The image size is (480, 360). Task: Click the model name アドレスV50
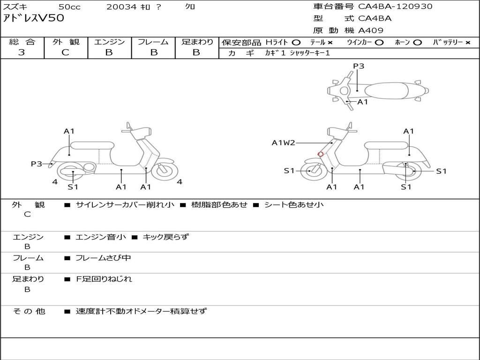click(x=34, y=19)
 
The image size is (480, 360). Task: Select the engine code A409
click(x=371, y=30)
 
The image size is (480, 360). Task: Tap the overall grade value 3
click(x=22, y=52)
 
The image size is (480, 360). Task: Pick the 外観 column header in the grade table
click(x=66, y=42)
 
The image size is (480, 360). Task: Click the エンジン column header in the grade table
click(x=109, y=42)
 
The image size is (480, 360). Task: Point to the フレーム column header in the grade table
click(x=153, y=42)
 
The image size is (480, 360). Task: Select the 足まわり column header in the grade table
click(x=197, y=42)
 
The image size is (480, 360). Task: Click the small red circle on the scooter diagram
click(x=321, y=154)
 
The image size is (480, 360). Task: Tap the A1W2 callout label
click(x=284, y=143)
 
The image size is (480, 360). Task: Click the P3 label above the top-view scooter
click(x=359, y=66)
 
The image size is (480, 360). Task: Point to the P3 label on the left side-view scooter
click(x=37, y=164)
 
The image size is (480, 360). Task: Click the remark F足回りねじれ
click(x=104, y=279)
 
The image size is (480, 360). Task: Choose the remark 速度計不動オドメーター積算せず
click(x=141, y=311)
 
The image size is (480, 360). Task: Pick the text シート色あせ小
click(x=294, y=205)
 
